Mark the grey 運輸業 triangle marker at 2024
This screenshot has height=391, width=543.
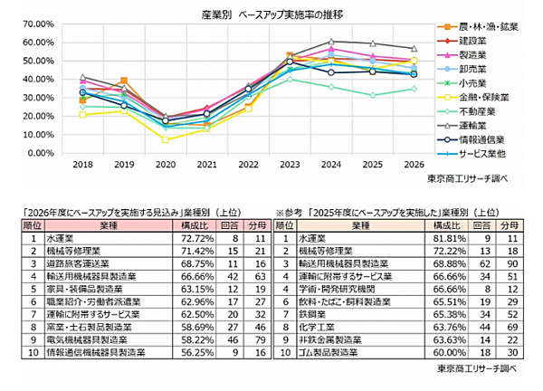click(x=331, y=42)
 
